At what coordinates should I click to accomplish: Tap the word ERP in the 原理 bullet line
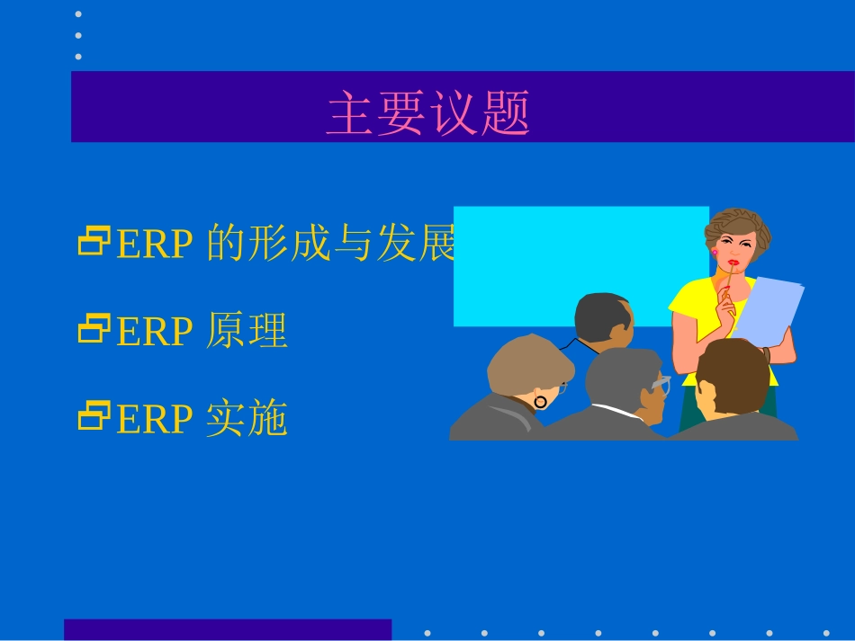(x=154, y=333)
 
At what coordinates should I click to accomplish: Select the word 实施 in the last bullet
(x=247, y=420)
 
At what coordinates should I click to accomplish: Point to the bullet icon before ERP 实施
(x=93, y=417)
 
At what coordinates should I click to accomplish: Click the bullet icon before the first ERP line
(x=93, y=242)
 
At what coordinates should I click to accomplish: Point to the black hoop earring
(x=540, y=402)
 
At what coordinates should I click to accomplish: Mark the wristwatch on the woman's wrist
(x=766, y=354)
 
